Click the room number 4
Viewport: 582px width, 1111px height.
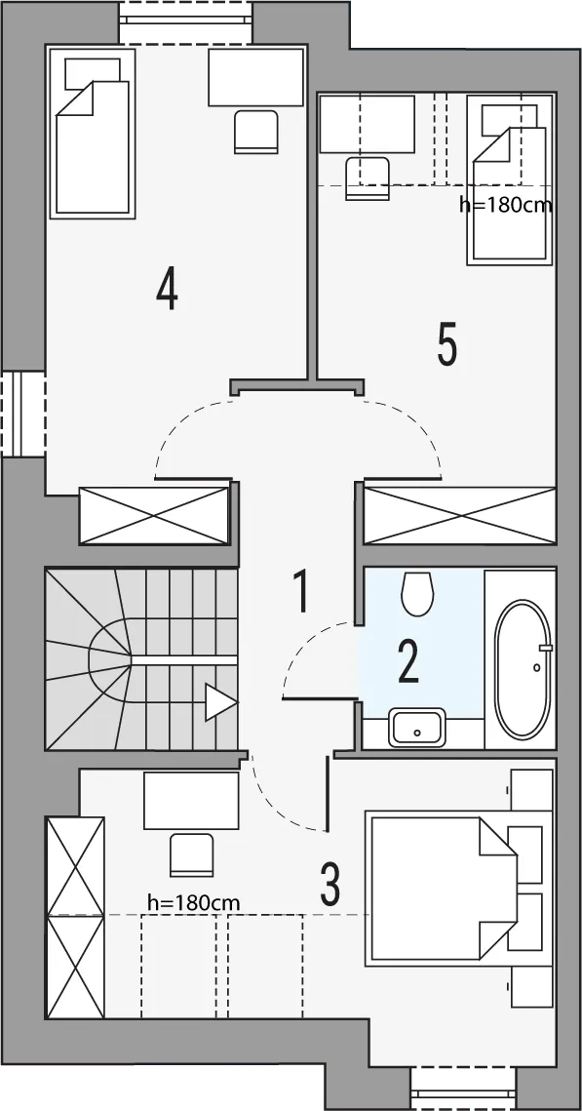point(167,289)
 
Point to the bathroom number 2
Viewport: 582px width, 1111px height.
point(407,661)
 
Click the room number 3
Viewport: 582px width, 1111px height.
point(330,883)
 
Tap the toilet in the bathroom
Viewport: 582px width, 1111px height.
point(417,593)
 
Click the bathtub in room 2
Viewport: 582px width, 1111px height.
point(523,669)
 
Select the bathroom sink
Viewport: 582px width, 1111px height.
point(417,727)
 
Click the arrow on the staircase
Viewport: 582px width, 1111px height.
point(221,702)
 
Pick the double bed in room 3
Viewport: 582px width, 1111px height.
point(440,891)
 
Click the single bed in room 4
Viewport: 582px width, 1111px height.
point(92,134)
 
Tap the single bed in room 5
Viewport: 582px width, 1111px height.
point(509,180)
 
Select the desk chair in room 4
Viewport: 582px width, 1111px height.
point(255,132)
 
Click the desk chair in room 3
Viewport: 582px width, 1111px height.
point(192,854)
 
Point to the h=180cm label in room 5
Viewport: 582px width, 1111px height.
point(505,206)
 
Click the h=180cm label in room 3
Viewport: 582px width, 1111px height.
point(193,902)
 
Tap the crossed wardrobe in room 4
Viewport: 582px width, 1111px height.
point(154,515)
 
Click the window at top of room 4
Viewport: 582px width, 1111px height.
point(185,22)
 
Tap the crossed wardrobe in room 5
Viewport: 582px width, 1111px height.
point(459,515)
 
